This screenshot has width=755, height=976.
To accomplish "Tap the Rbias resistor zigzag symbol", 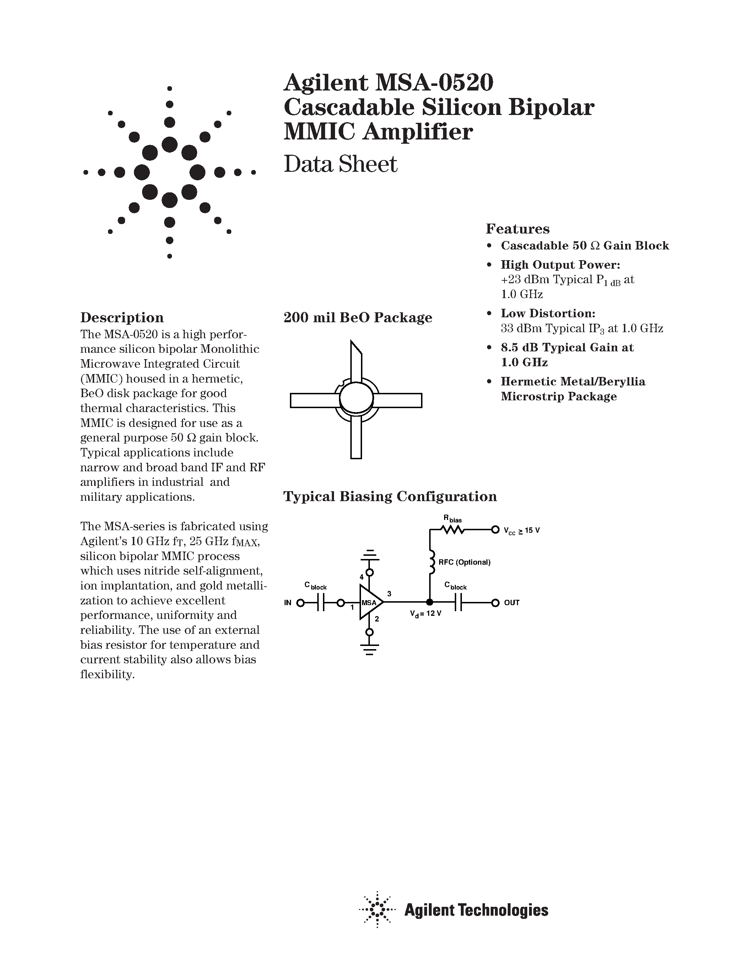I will pyautogui.click(x=452, y=530).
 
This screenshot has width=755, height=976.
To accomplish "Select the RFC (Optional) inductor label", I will pyautogui.click(x=464, y=562).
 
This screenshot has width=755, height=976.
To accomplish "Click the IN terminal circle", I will pyautogui.click(x=301, y=603).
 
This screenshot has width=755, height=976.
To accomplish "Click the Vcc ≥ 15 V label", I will pyautogui.click(x=522, y=531).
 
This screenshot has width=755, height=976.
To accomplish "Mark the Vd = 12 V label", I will pyautogui.click(x=425, y=614).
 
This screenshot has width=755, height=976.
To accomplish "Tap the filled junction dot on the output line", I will pyautogui.click(x=430, y=602).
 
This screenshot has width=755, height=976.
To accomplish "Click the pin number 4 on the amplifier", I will pyautogui.click(x=361, y=577).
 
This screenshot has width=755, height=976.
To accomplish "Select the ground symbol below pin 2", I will pyautogui.click(x=370, y=648).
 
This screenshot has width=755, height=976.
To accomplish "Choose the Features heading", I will pyautogui.click(x=518, y=229).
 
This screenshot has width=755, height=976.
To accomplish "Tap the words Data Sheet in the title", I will pyautogui.click(x=340, y=164).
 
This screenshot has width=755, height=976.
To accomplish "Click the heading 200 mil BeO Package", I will pyautogui.click(x=358, y=317).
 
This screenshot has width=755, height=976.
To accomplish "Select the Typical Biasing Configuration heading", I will pyautogui.click(x=390, y=497).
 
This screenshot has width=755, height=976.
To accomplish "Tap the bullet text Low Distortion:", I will pyautogui.click(x=548, y=313).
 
